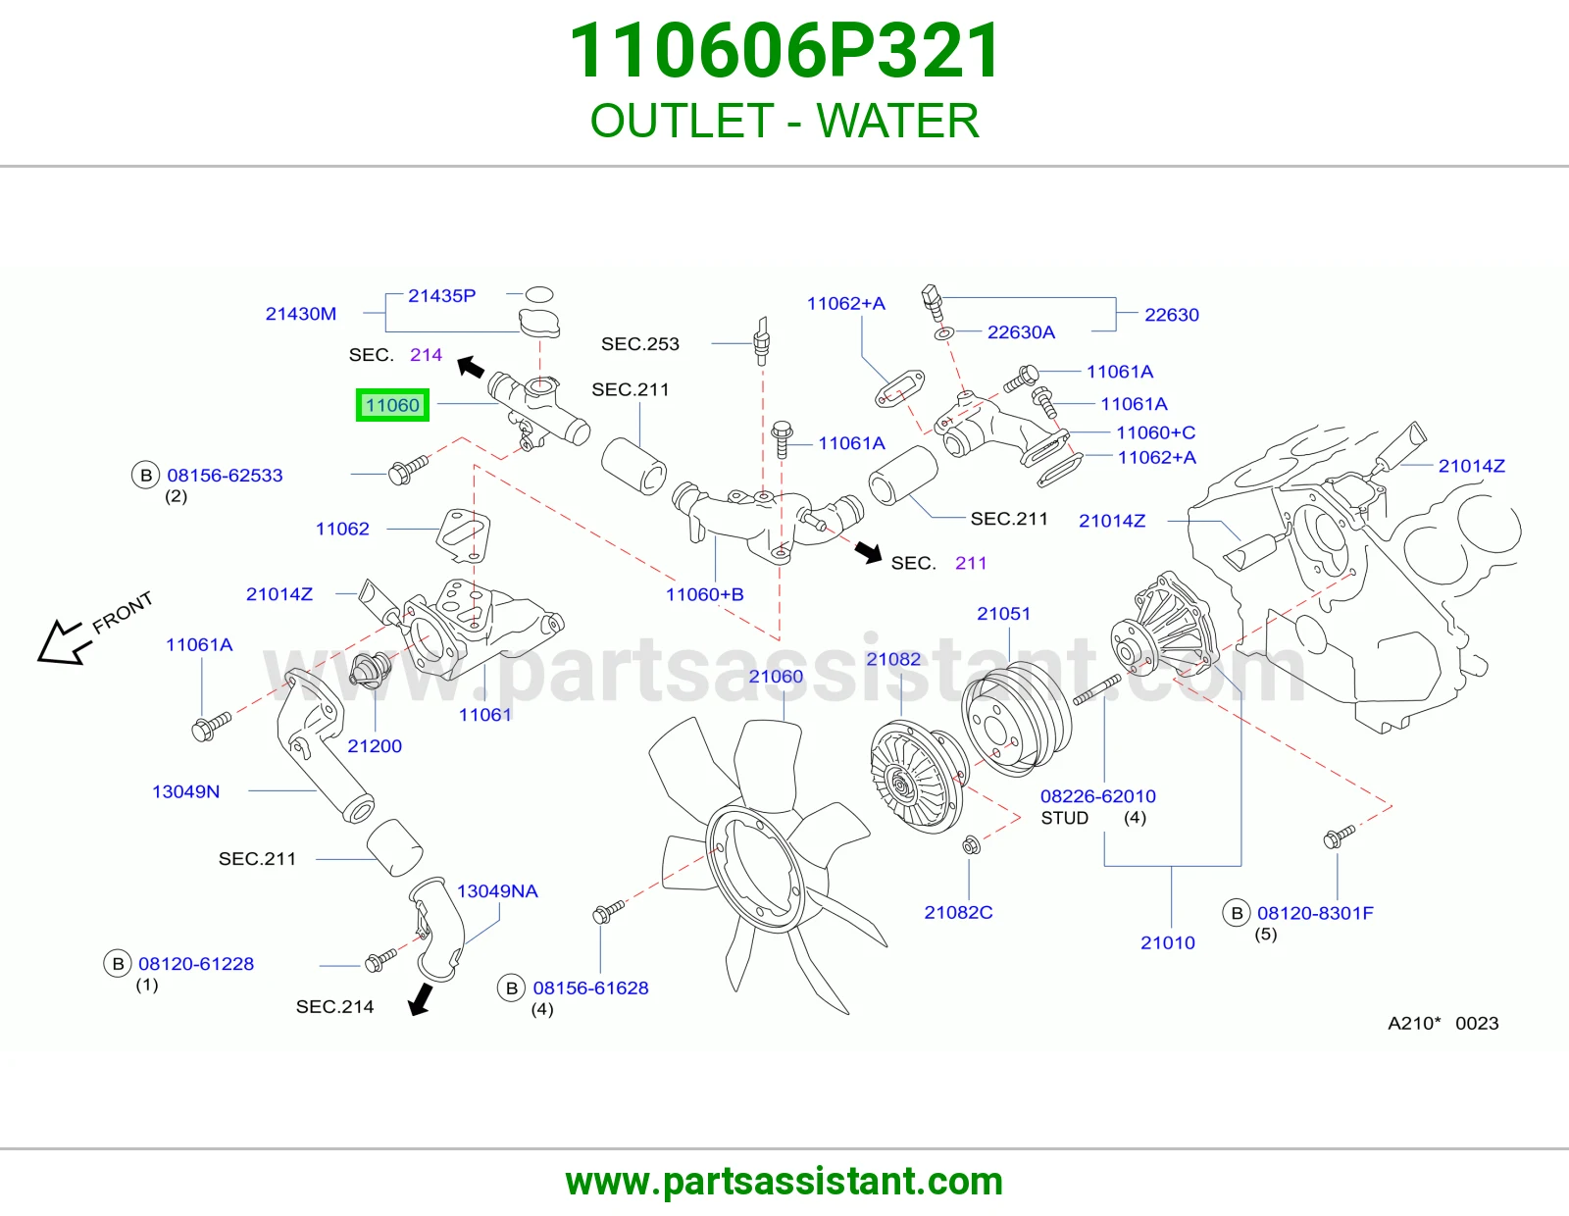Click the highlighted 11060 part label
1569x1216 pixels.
[x=392, y=405]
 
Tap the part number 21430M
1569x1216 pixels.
[x=300, y=314]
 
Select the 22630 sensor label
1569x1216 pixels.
[x=1171, y=315]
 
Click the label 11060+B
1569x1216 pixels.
[x=704, y=594]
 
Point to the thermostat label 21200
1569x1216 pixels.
[x=374, y=746]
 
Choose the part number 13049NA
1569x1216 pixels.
[x=497, y=891]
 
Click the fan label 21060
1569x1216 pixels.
[x=776, y=676]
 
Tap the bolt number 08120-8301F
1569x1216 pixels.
[x=1315, y=913]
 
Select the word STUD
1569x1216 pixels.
[x=1064, y=818]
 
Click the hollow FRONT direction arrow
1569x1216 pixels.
[x=65, y=640]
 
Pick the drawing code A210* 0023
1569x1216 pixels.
[x=1442, y=1023]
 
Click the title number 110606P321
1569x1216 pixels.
[x=784, y=51]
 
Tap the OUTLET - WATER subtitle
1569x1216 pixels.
[x=784, y=121]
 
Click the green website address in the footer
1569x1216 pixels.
[x=784, y=1182]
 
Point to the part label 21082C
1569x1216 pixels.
[x=958, y=912]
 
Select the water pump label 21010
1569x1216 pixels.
[x=1168, y=942]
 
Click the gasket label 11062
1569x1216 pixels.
[x=342, y=529]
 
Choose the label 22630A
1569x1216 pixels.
[x=1021, y=332]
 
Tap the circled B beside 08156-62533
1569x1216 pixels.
[x=146, y=476]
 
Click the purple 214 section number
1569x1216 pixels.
[x=426, y=355]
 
